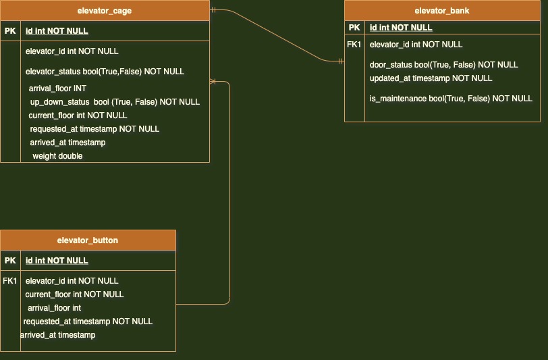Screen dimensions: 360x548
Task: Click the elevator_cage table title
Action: (x=105, y=11)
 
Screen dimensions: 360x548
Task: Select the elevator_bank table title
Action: (x=442, y=11)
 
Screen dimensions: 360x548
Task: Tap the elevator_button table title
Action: (x=88, y=240)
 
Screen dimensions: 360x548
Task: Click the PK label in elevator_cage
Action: (x=10, y=31)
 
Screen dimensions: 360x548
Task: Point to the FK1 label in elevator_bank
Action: (x=354, y=45)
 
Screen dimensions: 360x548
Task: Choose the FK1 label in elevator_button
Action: (x=10, y=281)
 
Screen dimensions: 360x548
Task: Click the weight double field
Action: (x=57, y=156)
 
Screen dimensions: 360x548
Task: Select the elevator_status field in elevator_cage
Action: (x=105, y=72)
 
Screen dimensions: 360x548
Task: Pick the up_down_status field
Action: (x=115, y=102)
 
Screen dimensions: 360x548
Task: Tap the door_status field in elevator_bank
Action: (x=443, y=65)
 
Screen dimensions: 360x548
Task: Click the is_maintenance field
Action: (x=451, y=99)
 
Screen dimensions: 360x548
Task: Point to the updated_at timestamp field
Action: (x=431, y=78)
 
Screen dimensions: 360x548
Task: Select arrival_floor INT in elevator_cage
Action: (x=57, y=88)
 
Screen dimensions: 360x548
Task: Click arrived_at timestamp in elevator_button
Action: (x=58, y=335)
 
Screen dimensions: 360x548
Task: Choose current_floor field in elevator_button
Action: (x=74, y=294)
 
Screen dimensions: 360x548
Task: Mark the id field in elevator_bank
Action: (x=401, y=28)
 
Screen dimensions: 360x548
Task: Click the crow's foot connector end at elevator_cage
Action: (x=213, y=82)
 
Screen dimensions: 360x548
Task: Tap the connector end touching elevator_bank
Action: (x=341, y=61)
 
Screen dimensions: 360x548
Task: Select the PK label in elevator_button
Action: (x=10, y=261)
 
